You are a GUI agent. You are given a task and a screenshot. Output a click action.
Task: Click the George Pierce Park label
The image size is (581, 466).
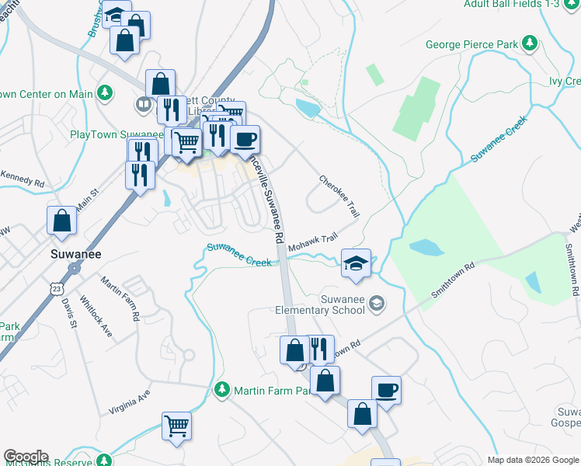(471, 44)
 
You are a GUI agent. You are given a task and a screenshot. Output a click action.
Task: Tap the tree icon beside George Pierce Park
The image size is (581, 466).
(530, 43)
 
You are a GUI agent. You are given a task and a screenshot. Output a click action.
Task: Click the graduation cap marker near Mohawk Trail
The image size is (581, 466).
(357, 263)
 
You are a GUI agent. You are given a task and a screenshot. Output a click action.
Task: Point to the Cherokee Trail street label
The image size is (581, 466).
(340, 196)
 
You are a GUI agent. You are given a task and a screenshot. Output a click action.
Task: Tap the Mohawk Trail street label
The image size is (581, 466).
(314, 242)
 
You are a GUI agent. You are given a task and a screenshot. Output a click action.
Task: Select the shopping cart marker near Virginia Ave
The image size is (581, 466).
(177, 424)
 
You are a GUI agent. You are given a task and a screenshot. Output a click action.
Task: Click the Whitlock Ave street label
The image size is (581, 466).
(96, 318)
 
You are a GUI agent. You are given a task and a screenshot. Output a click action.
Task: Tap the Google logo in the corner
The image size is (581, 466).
(26, 457)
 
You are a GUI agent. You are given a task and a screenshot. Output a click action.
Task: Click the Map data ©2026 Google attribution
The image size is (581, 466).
(533, 460)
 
